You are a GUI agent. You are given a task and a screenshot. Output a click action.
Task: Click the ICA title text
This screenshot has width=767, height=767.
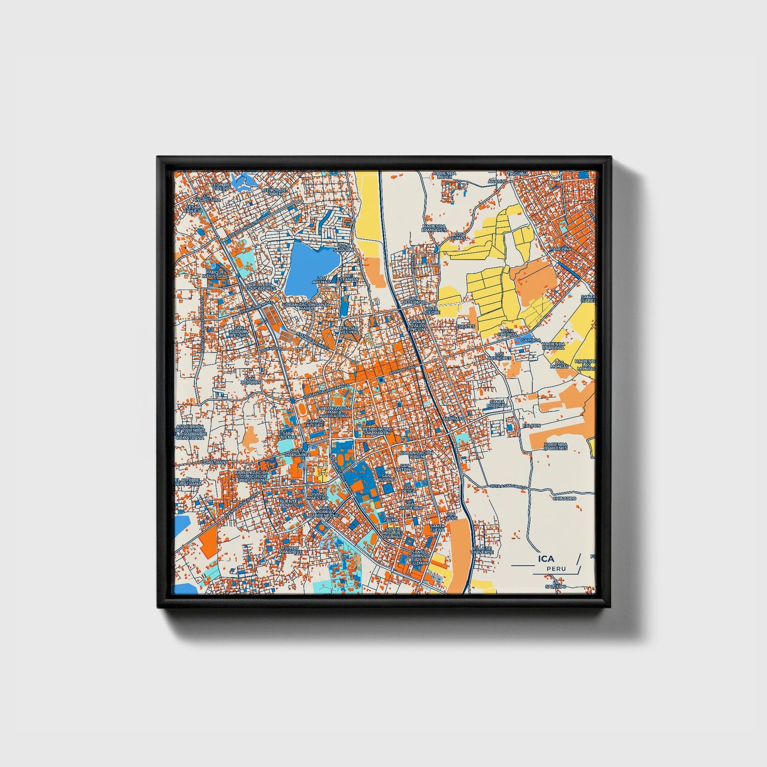click(546, 558)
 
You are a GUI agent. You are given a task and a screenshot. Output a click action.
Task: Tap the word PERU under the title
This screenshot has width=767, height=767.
click(556, 569)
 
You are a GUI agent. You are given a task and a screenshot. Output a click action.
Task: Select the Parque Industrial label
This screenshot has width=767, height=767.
click(217, 274)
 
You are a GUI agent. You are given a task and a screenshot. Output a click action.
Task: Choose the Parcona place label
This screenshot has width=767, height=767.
click(561, 248)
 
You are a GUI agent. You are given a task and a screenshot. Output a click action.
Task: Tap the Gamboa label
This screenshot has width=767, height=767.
click(530, 340)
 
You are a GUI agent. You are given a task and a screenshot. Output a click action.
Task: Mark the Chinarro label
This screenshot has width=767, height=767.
click(564, 498)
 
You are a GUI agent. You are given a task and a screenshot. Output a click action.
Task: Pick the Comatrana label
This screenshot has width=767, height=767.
click(214, 462)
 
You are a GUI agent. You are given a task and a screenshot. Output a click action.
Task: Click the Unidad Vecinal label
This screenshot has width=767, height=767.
click(349, 330)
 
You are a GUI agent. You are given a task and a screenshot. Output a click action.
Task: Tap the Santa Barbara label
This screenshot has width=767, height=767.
click(497, 404)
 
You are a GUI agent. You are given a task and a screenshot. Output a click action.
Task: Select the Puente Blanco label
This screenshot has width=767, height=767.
click(289, 503)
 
